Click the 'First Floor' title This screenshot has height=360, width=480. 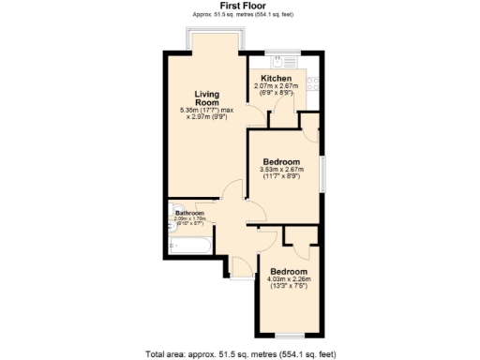pos(239,6)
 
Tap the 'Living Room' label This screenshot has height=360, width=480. pos(206,98)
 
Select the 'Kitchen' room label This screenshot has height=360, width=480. pos(277,78)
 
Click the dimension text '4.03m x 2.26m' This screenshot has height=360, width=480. pos(289,278)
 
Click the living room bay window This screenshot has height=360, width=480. pos(216,37)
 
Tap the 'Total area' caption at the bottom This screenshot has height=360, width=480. pos(239,353)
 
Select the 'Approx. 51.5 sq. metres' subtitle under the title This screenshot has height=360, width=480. pos(239,14)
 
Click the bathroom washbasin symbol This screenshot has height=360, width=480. pos(175,223)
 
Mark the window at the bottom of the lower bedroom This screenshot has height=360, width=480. pos(289,336)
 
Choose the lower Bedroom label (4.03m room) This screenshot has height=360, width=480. pos(289,271)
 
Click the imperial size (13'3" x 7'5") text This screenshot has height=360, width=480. pos(289,286)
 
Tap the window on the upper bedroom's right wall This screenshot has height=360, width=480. pos(322,173)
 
